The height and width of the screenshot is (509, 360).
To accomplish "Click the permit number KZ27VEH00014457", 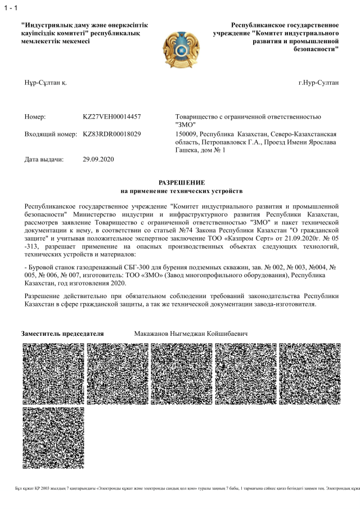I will (111, 116).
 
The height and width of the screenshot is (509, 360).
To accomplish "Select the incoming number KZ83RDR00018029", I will (111, 134).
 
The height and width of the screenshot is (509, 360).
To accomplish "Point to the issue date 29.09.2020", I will (98, 159).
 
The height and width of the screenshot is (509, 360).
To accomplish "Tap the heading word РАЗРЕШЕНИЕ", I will (181, 183).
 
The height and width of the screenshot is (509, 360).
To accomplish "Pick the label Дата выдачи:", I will (44, 159).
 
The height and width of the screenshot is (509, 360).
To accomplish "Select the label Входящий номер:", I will (51, 134).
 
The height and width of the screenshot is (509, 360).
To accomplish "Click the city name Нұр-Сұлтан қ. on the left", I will (46, 83).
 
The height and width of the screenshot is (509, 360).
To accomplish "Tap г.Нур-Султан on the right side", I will (319, 83).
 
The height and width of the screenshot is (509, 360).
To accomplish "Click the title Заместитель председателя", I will (62, 334).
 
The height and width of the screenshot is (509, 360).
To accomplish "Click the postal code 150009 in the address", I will (187, 134).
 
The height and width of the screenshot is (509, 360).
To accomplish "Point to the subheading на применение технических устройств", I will (181, 192).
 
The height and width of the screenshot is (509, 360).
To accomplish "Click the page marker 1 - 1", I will (10, 8).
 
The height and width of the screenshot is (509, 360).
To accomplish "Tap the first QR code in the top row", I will (53, 372).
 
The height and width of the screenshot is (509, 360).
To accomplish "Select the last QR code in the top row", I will (309, 372).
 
